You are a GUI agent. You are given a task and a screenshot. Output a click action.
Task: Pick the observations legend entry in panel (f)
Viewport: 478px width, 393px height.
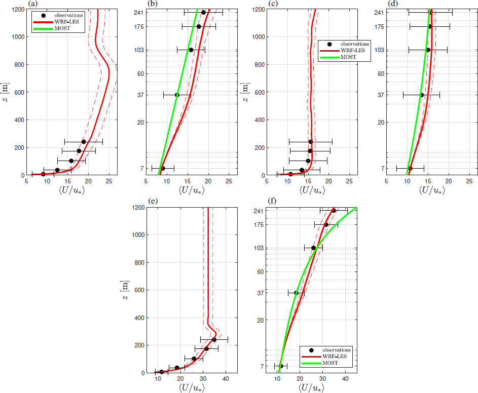coord(337,350)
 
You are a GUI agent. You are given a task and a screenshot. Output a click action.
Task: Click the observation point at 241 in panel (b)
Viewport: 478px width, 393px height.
coord(203,12)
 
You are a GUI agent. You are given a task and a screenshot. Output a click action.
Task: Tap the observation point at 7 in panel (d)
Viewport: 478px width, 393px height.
coord(410,168)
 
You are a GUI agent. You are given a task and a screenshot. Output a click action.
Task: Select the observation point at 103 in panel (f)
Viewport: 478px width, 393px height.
coord(313,248)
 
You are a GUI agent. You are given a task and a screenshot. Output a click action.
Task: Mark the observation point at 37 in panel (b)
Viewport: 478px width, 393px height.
coord(177,95)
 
